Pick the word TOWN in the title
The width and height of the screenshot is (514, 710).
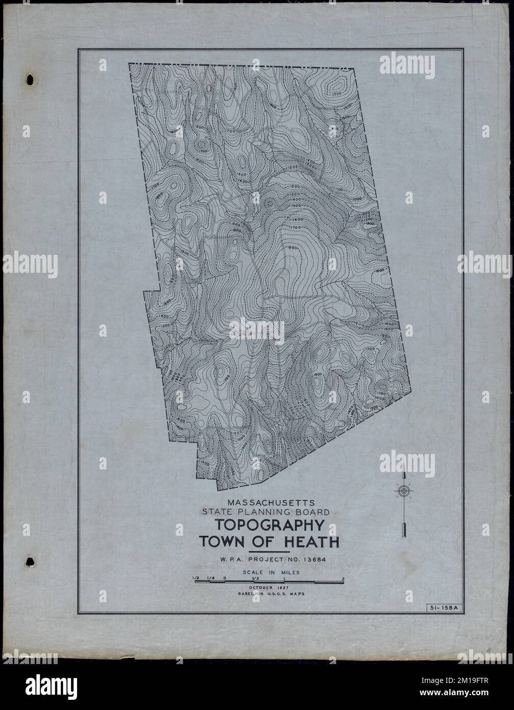pyautogui.click(x=220, y=542)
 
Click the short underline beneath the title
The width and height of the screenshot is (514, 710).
pyautogui.click(x=268, y=552)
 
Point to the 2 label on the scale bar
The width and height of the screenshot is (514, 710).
pyautogui.click(x=342, y=578)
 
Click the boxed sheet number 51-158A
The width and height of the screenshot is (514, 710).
pyautogui.click(x=444, y=607)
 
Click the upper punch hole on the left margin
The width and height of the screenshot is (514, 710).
pyautogui.click(x=30, y=80)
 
